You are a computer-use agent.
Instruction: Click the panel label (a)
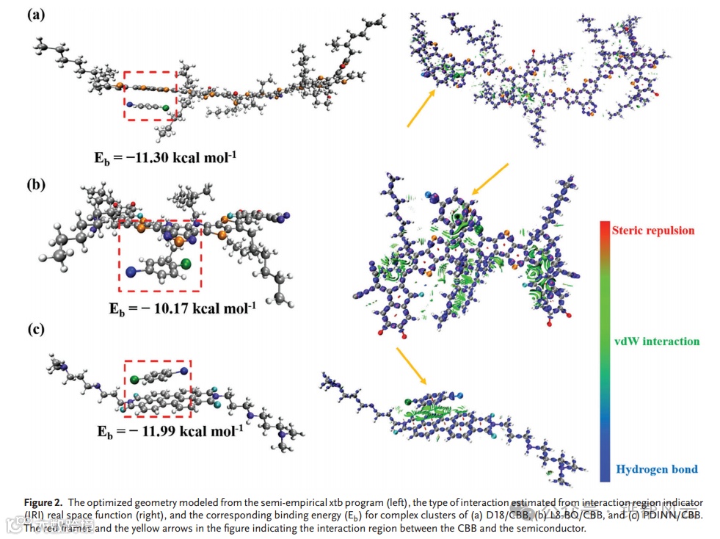[x=35, y=15]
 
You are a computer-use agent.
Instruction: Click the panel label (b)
[x=35, y=184]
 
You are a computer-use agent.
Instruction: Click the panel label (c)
[x=35, y=329]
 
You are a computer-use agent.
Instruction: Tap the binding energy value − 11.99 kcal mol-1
[x=171, y=431]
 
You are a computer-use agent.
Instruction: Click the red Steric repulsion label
[x=654, y=231]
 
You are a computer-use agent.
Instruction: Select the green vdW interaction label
[x=656, y=341]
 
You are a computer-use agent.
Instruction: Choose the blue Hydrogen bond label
[x=657, y=469]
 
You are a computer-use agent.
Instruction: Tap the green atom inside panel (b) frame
[x=186, y=262]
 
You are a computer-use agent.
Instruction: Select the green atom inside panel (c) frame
[x=135, y=380]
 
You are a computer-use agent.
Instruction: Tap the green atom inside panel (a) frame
[x=166, y=109]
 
